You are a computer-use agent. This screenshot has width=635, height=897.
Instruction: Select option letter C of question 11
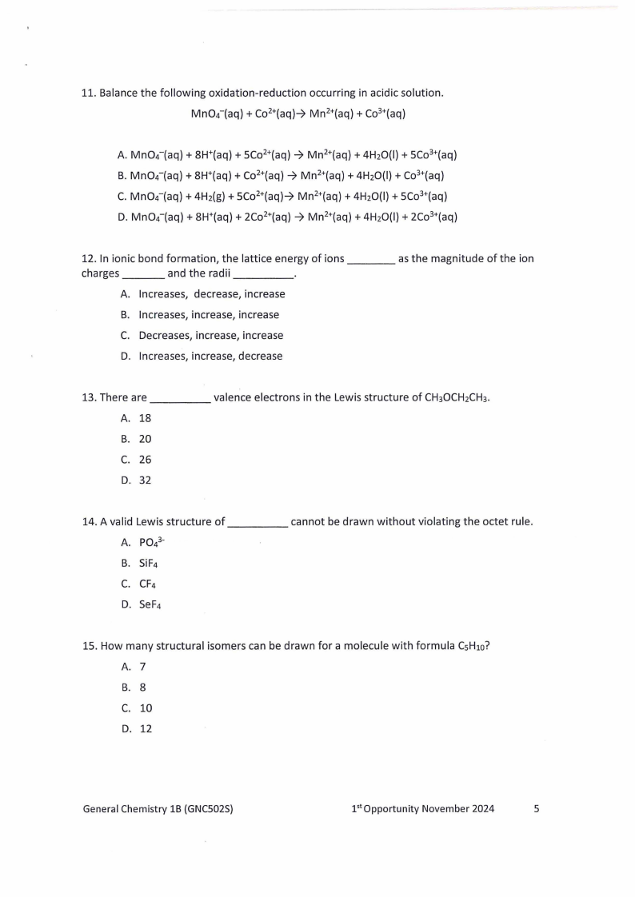(122, 196)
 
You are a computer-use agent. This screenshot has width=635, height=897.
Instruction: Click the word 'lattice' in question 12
(248, 259)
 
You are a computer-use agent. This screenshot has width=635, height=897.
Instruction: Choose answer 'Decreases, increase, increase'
(210, 336)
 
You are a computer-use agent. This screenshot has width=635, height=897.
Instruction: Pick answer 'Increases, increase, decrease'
(210, 357)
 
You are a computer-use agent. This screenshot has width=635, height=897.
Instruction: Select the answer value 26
(145, 460)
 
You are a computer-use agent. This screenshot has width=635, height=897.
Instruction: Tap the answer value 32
(145, 480)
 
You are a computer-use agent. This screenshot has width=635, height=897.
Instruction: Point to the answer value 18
(145, 418)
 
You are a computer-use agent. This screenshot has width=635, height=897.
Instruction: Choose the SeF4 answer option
(150, 604)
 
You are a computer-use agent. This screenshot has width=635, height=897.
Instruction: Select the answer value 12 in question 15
(146, 729)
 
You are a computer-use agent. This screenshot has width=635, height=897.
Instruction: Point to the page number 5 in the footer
(537, 809)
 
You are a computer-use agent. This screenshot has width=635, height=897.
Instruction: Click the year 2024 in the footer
(481, 809)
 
